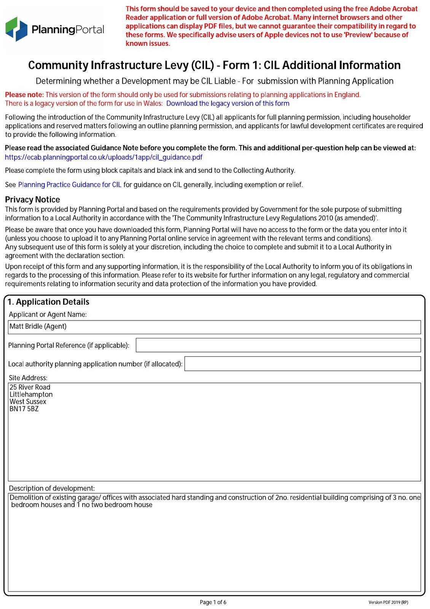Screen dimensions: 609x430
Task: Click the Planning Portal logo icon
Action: coord(16,29)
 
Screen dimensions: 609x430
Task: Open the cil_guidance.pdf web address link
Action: coord(104,157)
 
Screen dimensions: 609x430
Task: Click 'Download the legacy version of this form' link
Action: coord(228,104)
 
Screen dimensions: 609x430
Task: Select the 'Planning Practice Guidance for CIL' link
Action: coord(70,185)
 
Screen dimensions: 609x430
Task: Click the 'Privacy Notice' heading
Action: coord(32,200)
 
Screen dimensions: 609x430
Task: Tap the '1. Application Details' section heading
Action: coord(48,302)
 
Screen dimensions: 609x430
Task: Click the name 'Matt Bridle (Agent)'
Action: coord(38,327)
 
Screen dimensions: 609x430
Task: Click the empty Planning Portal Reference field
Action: coord(278,345)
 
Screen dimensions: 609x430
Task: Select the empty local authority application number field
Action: coord(303,364)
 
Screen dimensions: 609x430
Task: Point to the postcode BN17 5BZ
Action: coord(24,409)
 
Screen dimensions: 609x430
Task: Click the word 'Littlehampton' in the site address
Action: coord(31,395)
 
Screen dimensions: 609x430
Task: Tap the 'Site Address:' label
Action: coord(28,378)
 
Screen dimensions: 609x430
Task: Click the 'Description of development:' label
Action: coord(52,488)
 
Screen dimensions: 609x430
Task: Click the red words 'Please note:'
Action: coord(24,95)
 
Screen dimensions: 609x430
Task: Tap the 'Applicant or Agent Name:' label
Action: coord(48,314)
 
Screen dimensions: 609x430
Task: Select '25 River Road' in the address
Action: coord(30,387)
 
